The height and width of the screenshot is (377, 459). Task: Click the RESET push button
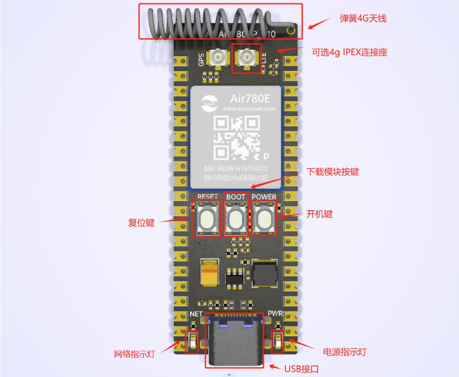click(207, 219)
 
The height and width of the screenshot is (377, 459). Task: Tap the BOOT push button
click(236, 219)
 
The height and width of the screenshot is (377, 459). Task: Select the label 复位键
click(141, 223)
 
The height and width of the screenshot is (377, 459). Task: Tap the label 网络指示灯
click(134, 354)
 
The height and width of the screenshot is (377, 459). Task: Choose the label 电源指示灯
click(345, 352)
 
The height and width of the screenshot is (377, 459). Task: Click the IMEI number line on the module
click(235, 168)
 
